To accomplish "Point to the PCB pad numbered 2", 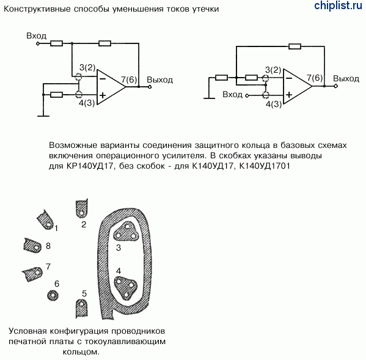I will (x=81, y=209).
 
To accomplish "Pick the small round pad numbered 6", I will (x=53, y=295).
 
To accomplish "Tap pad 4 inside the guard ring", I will (x=126, y=287).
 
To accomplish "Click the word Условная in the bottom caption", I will (x=29, y=331).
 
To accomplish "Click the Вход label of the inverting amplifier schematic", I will (x=36, y=36).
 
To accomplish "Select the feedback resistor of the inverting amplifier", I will (x=104, y=43).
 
